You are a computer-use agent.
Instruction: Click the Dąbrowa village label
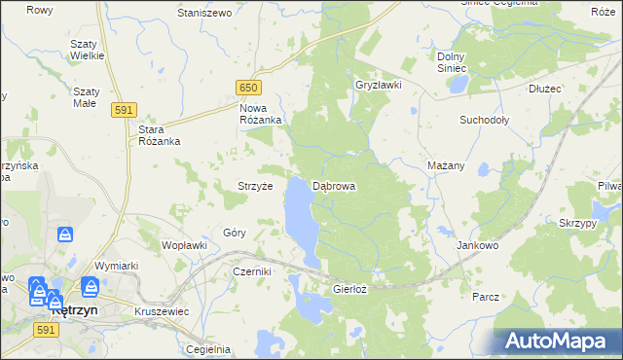[334, 186]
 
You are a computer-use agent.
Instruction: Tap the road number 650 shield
[249, 88]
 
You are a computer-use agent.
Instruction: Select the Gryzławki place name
[379, 85]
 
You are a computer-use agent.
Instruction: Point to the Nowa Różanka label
[260, 113]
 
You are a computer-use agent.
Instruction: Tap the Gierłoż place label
[349, 289]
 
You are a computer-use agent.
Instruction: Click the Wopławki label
[184, 245]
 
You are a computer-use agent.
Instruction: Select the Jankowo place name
[477, 246]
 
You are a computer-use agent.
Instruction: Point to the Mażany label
[446, 166]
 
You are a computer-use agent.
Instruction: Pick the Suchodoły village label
[485, 121]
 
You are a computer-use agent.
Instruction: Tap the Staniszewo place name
[204, 13]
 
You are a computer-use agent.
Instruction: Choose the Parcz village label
[485, 296]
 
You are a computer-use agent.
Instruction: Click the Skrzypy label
[578, 223]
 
